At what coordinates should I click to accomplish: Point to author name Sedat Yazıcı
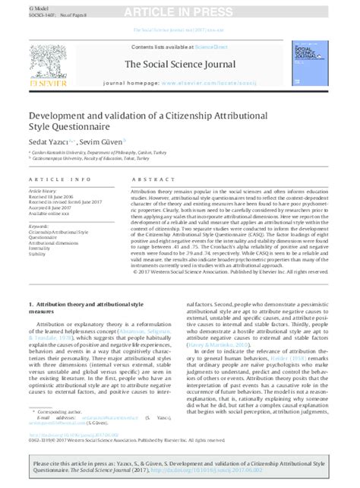point(45,142)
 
